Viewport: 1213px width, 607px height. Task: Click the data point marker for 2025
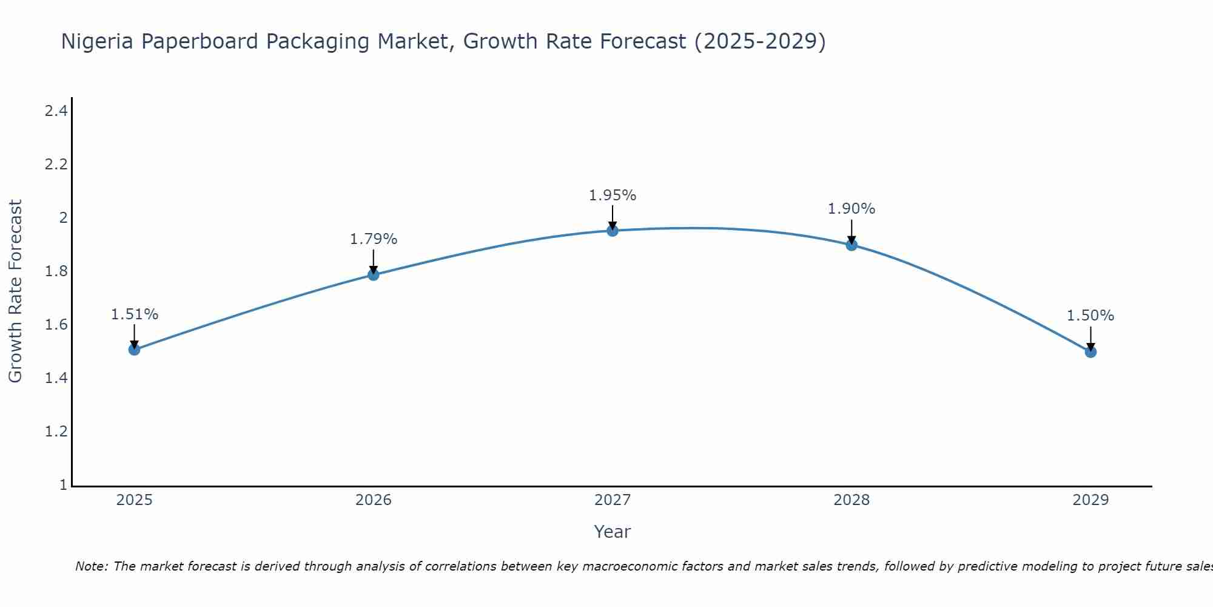coord(135,350)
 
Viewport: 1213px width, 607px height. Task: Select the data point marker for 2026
coord(374,275)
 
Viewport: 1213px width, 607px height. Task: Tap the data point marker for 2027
coord(613,231)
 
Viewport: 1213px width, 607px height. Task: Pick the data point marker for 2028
coord(852,245)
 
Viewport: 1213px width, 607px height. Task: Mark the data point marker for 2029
coord(1090,352)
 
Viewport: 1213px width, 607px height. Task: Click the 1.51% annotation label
coord(135,314)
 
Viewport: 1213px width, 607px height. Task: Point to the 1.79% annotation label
coord(374,239)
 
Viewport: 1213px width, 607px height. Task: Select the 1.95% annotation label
coord(613,195)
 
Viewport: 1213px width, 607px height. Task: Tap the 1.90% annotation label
coord(852,209)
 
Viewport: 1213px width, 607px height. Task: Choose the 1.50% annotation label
coord(1090,316)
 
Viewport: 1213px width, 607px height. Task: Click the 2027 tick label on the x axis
coord(613,500)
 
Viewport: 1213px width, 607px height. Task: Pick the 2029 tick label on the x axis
coord(1090,500)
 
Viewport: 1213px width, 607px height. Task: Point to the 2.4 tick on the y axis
coord(56,111)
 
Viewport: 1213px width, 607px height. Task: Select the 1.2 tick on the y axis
coord(56,432)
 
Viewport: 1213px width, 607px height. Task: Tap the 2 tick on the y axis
coord(63,218)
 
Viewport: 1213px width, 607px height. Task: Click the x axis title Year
coord(613,532)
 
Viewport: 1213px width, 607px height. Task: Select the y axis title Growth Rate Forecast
coord(15,291)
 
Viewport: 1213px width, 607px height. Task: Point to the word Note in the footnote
coord(91,566)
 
